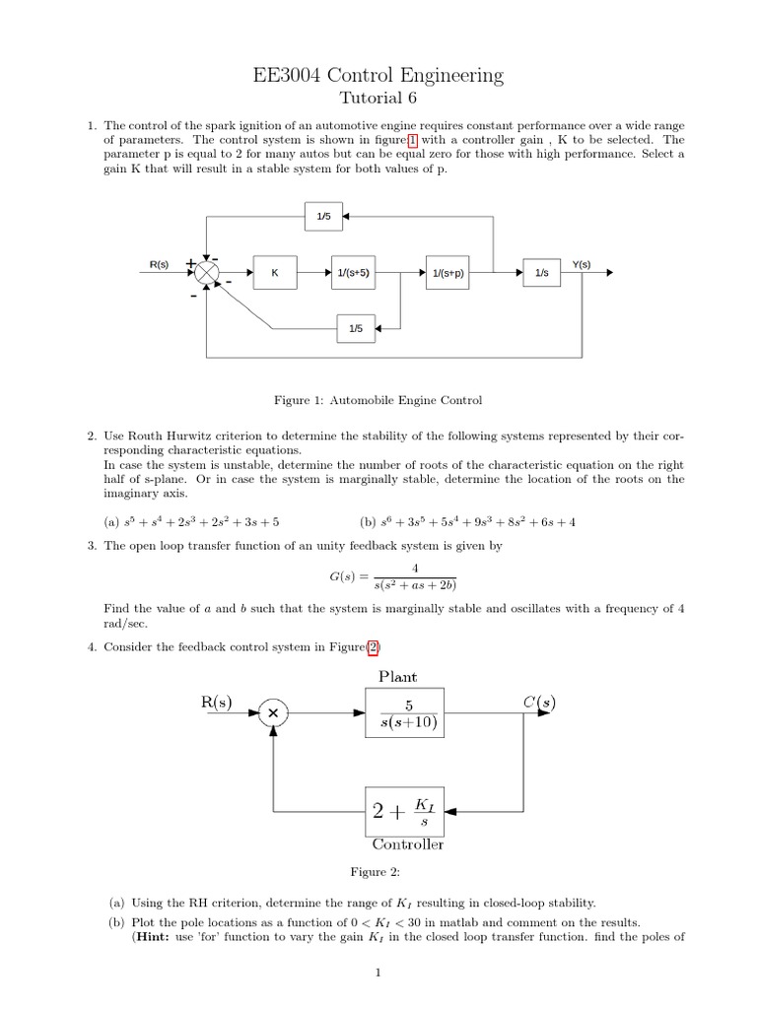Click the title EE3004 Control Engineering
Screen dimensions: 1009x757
pyautogui.click(x=378, y=75)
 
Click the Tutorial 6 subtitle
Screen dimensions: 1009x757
pyautogui.click(x=378, y=100)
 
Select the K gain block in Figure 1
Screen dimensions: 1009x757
pyautogui.click(x=276, y=273)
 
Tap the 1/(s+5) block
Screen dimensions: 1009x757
pyautogui.click(x=352, y=273)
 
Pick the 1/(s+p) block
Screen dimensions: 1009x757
pyautogui.click(x=447, y=273)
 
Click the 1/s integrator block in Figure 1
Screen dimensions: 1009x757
pyautogui.click(x=542, y=273)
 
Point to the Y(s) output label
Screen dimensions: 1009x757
pyautogui.click(x=582, y=264)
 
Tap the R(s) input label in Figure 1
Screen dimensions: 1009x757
pyautogui.click(x=159, y=264)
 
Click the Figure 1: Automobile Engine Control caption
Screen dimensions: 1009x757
pyautogui.click(x=378, y=400)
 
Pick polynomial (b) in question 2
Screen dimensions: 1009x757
pyautogui.click(x=468, y=522)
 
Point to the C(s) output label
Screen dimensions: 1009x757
pyautogui.click(x=538, y=703)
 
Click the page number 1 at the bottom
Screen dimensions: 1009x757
pyautogui.click(x=378, y=975)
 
